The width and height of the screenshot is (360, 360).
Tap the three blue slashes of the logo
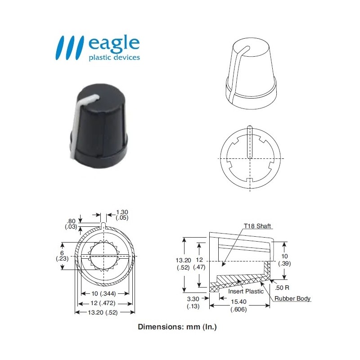coord(70,47)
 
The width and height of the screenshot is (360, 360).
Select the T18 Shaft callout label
coord(257,226)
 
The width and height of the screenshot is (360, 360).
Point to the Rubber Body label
coord(293,298)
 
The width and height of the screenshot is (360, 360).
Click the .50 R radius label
coord(279,287)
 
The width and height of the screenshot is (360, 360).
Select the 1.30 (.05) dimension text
coord(122,215)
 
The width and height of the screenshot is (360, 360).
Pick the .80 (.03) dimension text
coord(71,223)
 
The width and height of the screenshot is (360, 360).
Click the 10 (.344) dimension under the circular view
coord(104,294)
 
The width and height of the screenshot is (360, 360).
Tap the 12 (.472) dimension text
coord(104,304)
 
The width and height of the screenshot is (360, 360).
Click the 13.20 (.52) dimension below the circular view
coord(104,313)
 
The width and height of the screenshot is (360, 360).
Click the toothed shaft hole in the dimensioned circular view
coord(104,257)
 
